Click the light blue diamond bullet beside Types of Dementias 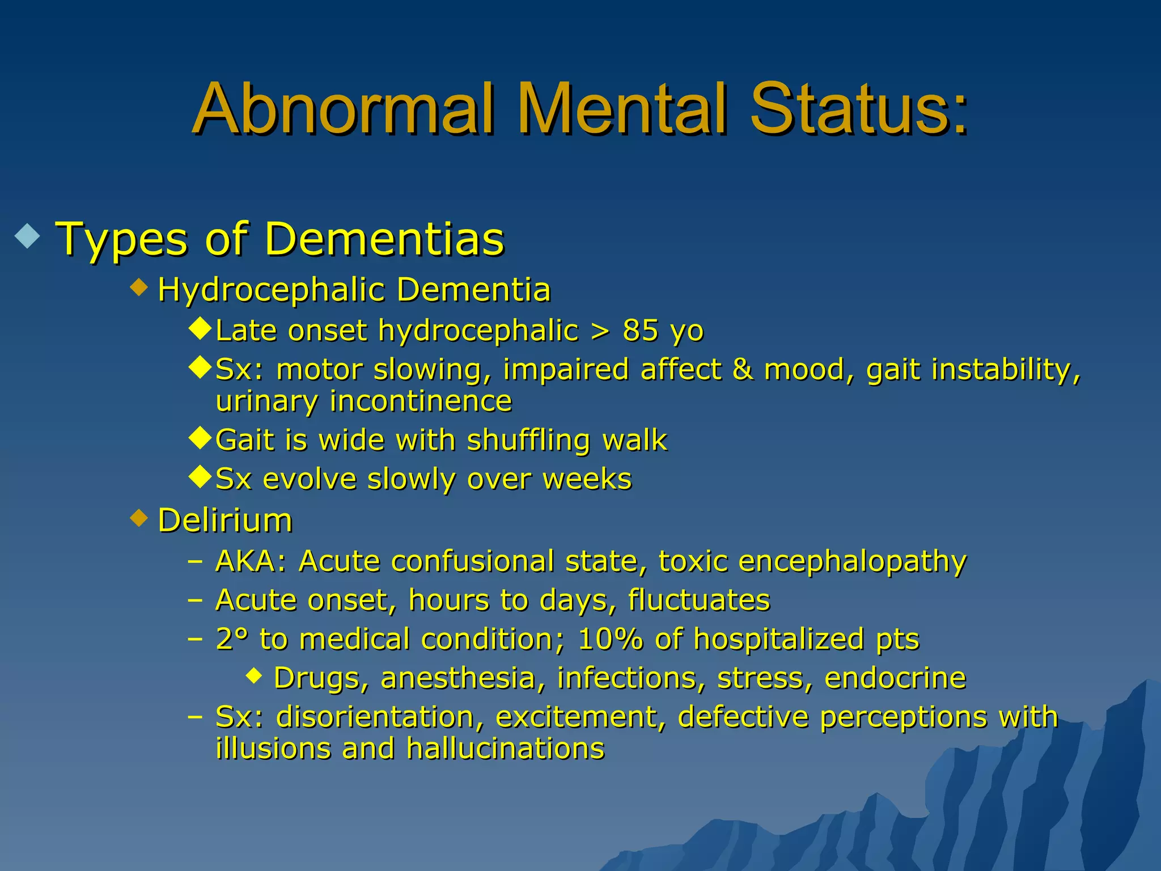point(28,236)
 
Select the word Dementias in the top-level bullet point(384,239)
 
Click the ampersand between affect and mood point(743,369)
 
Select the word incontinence point(421,401)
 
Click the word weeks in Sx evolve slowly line point(587,479)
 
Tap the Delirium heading point(225,520)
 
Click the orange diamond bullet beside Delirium point(139,518)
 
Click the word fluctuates point(699,600)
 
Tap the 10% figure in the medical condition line point(611,639)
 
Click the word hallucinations point(506,749)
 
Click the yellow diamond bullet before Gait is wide point(200,438)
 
